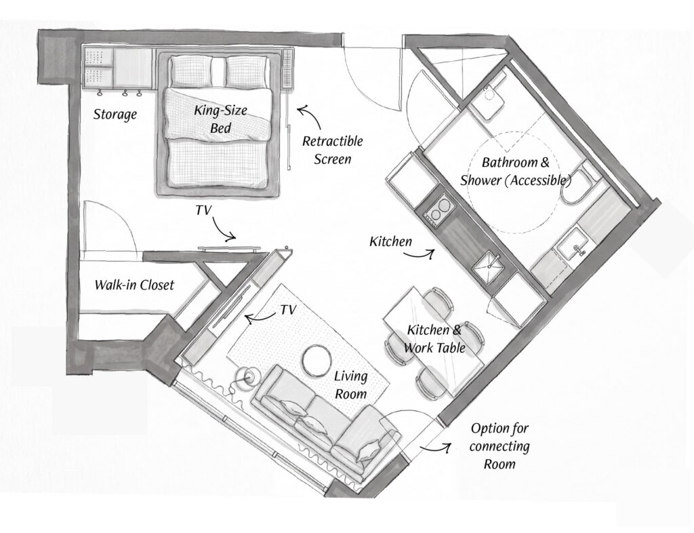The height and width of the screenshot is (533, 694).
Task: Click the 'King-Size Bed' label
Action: click(220, 119)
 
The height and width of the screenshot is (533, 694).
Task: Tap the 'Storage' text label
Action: click(115, 115)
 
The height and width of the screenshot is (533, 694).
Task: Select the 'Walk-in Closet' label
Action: click(135, 285)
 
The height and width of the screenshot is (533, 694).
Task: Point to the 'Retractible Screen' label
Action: click(332, 150)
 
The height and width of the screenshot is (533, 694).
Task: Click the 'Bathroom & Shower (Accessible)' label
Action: click(516, 172)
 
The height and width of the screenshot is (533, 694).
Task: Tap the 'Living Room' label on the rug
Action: click(351, 384)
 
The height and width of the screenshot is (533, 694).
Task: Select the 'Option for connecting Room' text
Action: click(499, 446)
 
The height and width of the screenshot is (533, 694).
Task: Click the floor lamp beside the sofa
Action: click(247, 377)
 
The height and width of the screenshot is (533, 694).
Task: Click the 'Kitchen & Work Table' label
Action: click(434, 338)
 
